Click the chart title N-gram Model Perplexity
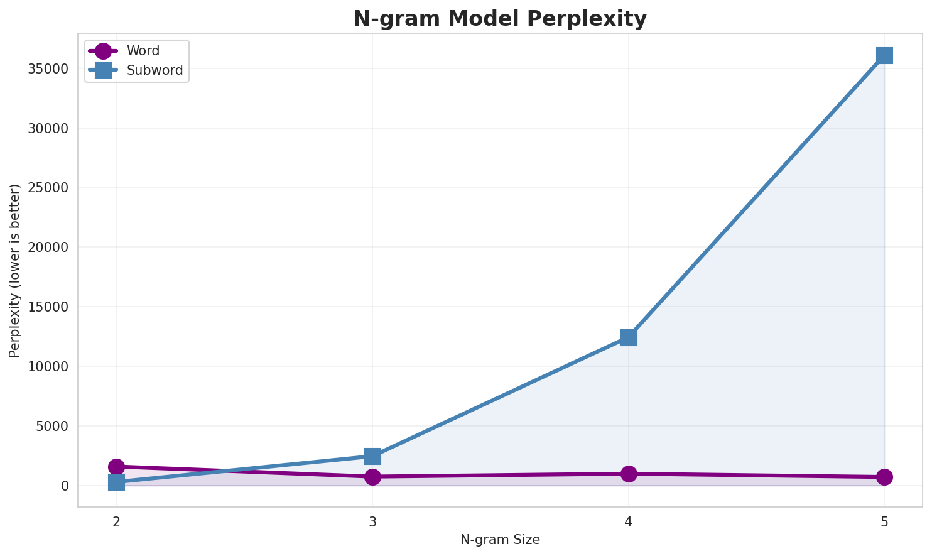500,19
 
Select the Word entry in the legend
143,51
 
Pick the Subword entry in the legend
154,70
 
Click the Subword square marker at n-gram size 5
884,55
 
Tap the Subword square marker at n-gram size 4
629,337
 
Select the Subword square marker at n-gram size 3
372,456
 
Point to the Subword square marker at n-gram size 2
116,482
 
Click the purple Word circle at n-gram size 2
116,467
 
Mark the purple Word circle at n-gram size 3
372,477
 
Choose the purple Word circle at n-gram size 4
629,474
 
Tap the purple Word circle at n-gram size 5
884,477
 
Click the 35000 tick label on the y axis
48,69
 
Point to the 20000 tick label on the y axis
48,248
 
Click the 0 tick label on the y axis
65,486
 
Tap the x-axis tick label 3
372,521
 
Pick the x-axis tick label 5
884,521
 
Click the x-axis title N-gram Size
500,540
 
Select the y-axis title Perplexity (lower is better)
15,270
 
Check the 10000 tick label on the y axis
48,367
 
